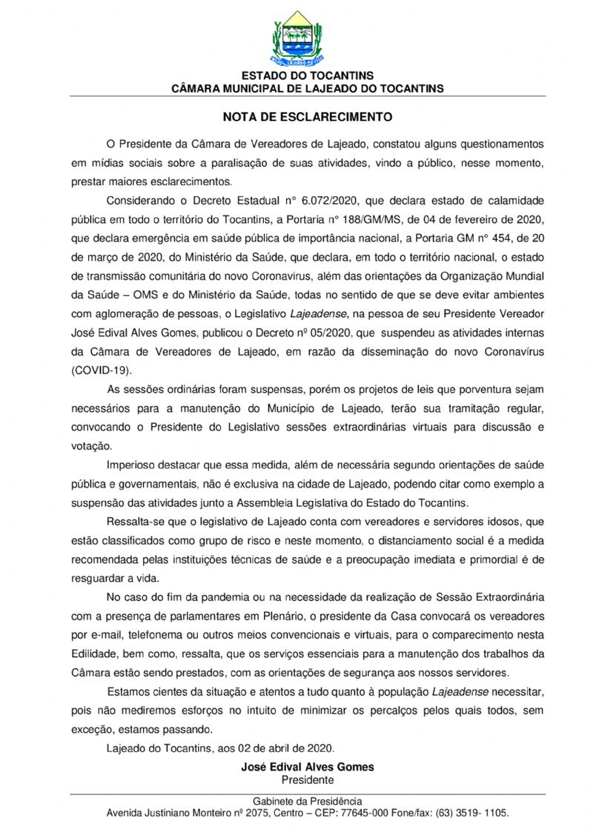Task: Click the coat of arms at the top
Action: [x=297, y=37]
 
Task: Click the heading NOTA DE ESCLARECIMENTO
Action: [x=308, y=117]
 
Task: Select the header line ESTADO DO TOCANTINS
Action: [x=308, y=76]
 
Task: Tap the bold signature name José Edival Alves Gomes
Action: [x=308, y=767]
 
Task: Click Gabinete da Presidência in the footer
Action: [x=308, y=801]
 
